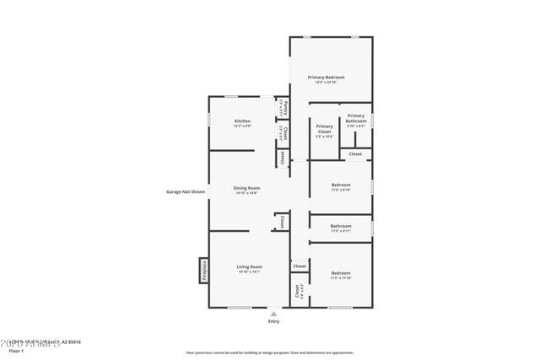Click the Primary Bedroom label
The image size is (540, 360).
pyautogui.click(x=331, y=77)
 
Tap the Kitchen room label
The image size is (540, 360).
pyautogui.click(x=242, y=121)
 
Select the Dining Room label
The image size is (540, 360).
pyautogui.click(x=246, y=187)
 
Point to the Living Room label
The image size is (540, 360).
pyautogui.click(x=250, y=266)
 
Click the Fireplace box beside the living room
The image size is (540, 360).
pyautogui.click(x=203, y=271)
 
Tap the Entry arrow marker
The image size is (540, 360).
pyautogui.click(x=273, y=313)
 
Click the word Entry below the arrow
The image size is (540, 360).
pyautogui.click(x=273, y=321)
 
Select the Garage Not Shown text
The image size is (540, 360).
pyautogui.click(x=186, y=191)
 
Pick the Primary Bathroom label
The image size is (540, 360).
pyautogui.click(x=356, y=118)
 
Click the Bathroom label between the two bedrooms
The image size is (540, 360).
pyautogui.click(x=341, y=225)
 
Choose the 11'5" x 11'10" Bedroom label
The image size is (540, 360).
pyautogui.click(x=341, y=275)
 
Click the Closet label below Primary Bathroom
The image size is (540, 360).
pyautogui.click(x=355, y=153)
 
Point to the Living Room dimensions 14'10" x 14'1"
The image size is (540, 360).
pyautogui.click(x=250, y=272)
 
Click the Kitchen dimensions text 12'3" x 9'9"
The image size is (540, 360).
pyautogui.click(x=242, y=126)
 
